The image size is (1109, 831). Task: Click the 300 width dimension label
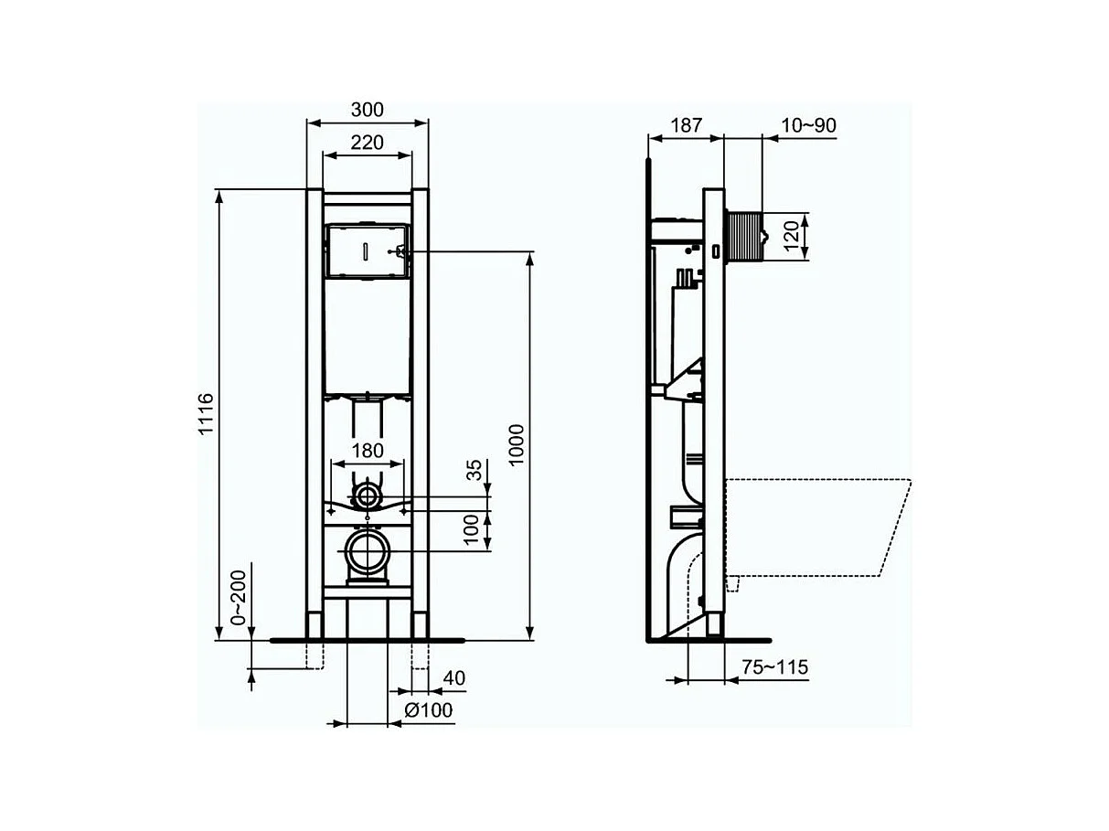click(367, 110)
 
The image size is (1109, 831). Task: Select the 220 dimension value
click(367, 142)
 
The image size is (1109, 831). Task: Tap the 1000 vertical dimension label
click(517, 445)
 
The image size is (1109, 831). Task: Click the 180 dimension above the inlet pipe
click(368, 451)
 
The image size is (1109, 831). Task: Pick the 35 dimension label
click(474, 470)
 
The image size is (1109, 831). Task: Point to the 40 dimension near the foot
click(453, 678)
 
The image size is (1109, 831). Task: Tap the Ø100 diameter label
click(429, 710)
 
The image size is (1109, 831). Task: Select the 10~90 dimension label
click(808, 125)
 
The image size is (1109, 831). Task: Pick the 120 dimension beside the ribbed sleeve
click(792, 237)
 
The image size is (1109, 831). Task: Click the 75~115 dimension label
click(774, 667)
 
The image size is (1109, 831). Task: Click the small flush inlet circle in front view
click(368, 497)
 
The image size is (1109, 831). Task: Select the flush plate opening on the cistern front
click(366, 250)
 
